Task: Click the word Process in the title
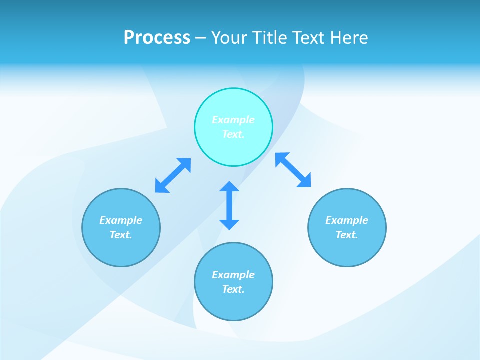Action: point(157,38)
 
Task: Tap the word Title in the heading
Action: point(272,38)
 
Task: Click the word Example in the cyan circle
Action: point(233,120)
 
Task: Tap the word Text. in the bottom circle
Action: point(233,289)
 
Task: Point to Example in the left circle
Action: point(121,220)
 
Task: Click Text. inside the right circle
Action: point(347,235)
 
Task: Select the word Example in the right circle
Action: point(347,220)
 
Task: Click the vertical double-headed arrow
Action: point(229,205)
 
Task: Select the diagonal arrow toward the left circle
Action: point(173,175)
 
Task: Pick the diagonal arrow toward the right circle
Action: point(293,170)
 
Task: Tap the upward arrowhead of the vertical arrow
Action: point(229,187)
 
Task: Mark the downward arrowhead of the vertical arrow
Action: point(229,224)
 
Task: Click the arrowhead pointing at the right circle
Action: point(304,181)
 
